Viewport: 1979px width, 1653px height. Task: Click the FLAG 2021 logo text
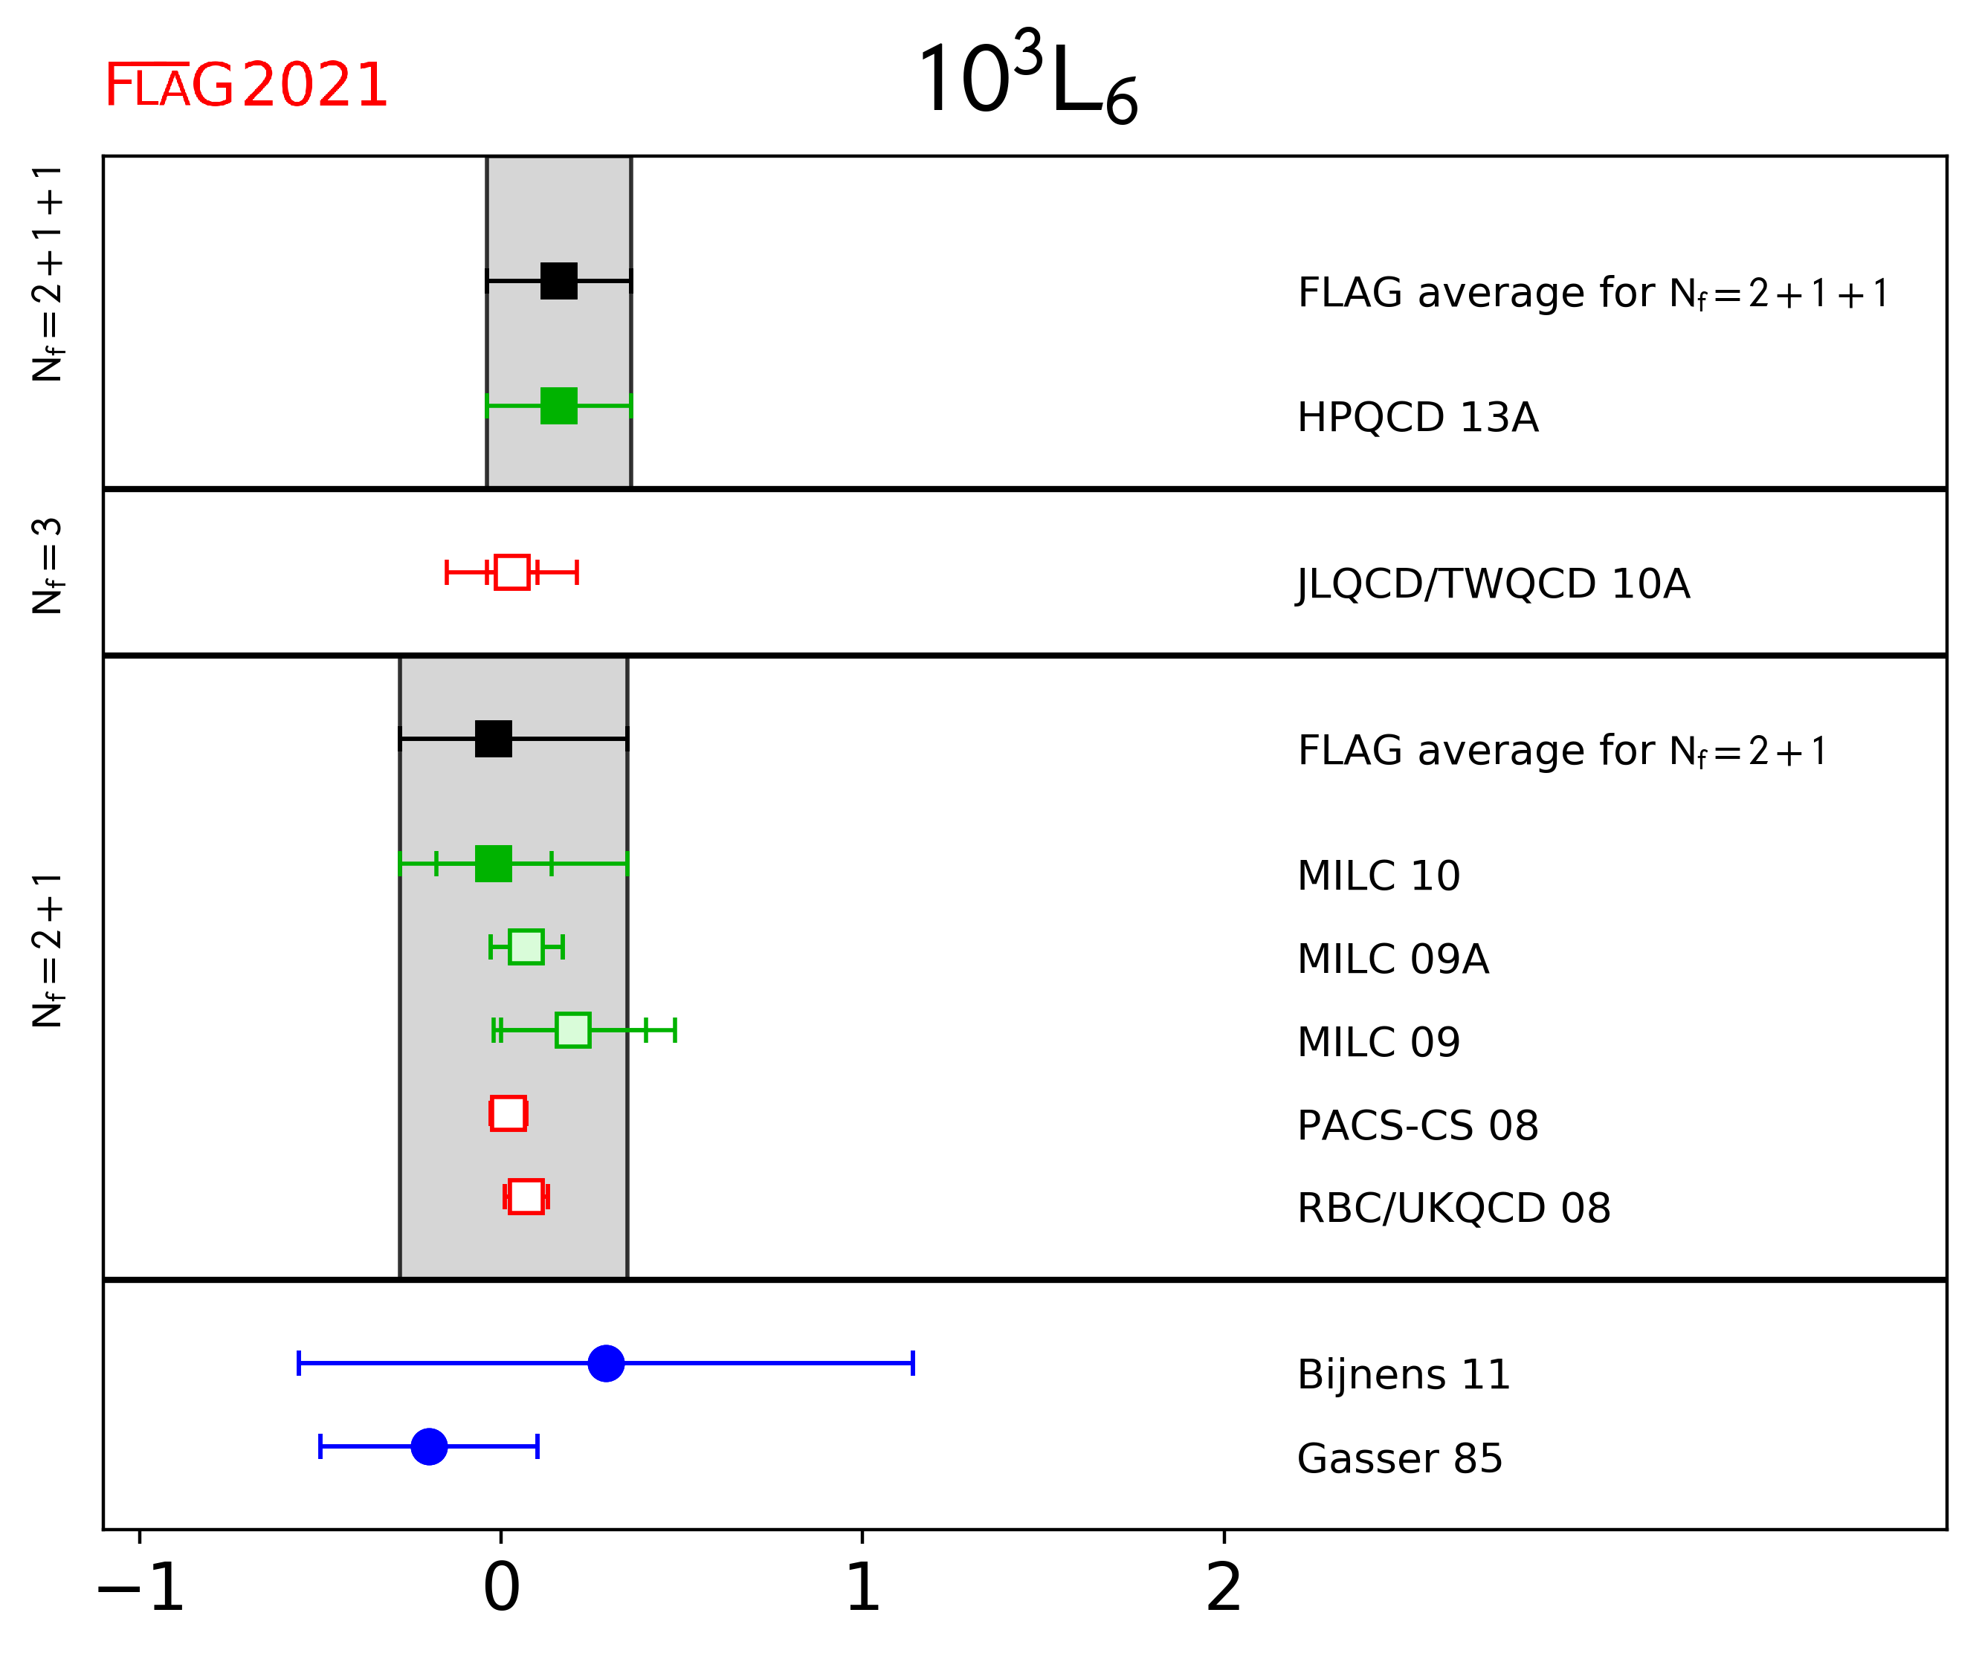click(x=246, y=85)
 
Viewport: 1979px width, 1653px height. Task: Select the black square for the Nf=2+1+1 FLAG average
click(x=559, y=281)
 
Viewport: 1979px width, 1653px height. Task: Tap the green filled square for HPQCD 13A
click(x=559, y=406)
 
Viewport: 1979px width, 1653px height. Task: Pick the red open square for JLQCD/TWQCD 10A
click(x=511, y=572)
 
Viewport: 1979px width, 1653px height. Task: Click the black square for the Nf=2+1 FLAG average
click(x=494, y=739)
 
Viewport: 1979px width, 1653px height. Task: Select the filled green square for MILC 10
click(x=494, y=863)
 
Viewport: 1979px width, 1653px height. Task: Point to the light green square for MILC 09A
click(x=526, y=947)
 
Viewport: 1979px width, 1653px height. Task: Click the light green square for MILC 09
click(x=573, y=1030)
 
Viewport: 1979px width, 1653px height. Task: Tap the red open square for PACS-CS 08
click(x=508, y=1113)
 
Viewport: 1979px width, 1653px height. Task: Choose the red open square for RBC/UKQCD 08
click(x=526, y=1197)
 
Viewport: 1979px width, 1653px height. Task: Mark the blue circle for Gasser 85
click(x=429, y=1446)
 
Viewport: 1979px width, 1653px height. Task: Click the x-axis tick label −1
click(x=141, y=1588)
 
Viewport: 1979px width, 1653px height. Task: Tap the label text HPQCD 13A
click(x=1417, y=418)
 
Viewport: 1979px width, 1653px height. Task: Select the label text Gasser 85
click(x=1399, y=1459)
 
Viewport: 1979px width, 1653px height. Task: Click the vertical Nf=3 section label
click(x=47, y=566)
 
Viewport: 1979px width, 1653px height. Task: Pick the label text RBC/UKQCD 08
click(x=1453, y=1209)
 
